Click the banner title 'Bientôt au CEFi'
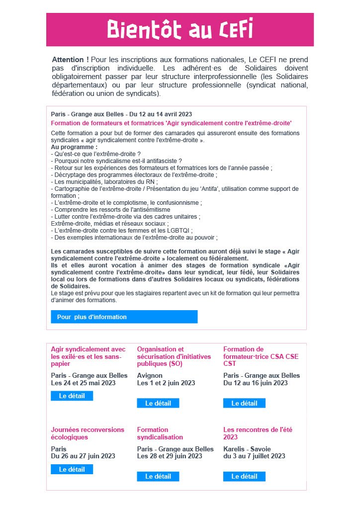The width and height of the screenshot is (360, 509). pos(180,29)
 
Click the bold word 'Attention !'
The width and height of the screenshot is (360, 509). pos(69,60)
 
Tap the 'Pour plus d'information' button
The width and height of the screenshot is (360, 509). pos(124,317)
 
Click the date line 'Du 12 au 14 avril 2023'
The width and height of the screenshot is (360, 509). pos(160,114)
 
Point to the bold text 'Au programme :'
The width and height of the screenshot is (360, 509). pos(74,148)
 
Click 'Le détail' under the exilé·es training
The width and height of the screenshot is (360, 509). pos(72,396)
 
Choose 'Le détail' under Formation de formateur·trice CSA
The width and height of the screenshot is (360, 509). pos(244,403)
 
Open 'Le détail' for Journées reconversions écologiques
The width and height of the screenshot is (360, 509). pos(72,469)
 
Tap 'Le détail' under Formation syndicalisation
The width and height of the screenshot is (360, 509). pos(158,476)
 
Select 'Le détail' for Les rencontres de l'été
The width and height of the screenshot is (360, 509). pos(244,476)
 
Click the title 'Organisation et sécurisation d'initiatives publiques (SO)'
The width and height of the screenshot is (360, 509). pos(174,356)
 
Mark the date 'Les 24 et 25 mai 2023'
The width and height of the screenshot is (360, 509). pos(83,383)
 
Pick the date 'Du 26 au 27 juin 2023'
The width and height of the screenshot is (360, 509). pos(83,456)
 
